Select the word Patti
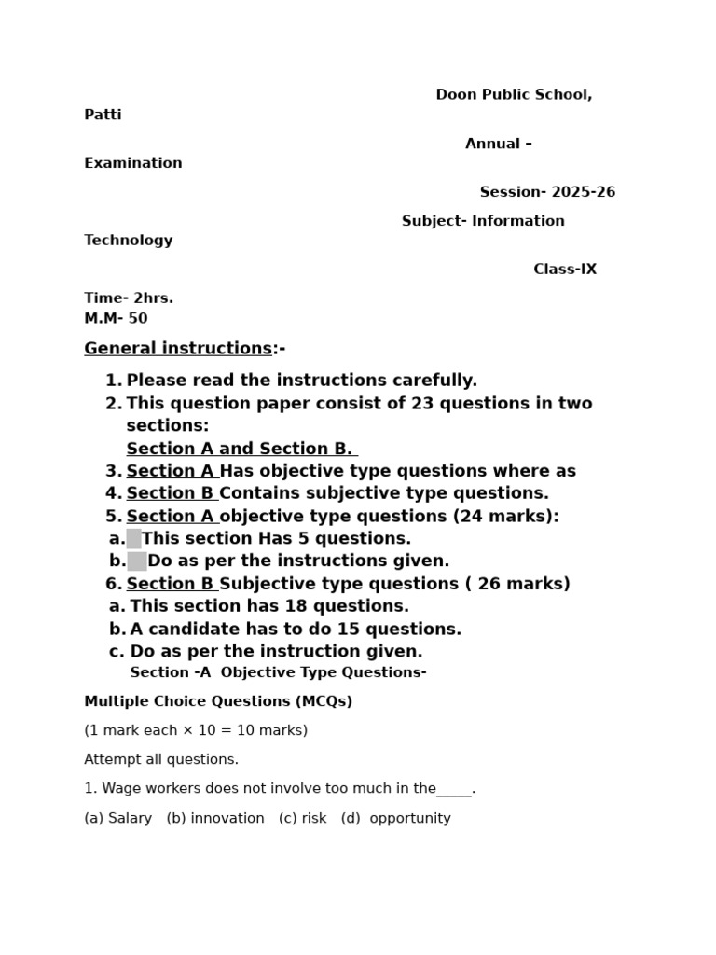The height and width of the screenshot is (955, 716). (103, 116)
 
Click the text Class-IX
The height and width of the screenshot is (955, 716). (565, 270)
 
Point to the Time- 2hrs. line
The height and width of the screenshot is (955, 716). (129, 298)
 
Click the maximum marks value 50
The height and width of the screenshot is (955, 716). (138, 319)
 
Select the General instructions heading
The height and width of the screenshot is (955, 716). (178, 349)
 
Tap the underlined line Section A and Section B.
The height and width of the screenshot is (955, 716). (241, 449)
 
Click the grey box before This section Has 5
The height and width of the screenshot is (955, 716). (134, 539)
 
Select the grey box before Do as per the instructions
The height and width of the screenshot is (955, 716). (137, 561)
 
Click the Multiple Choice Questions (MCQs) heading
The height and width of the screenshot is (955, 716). (218, 702)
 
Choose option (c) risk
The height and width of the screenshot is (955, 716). (303, 819)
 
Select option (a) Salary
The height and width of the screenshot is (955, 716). (118, 819)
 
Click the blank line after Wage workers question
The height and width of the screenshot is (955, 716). (454, 790)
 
